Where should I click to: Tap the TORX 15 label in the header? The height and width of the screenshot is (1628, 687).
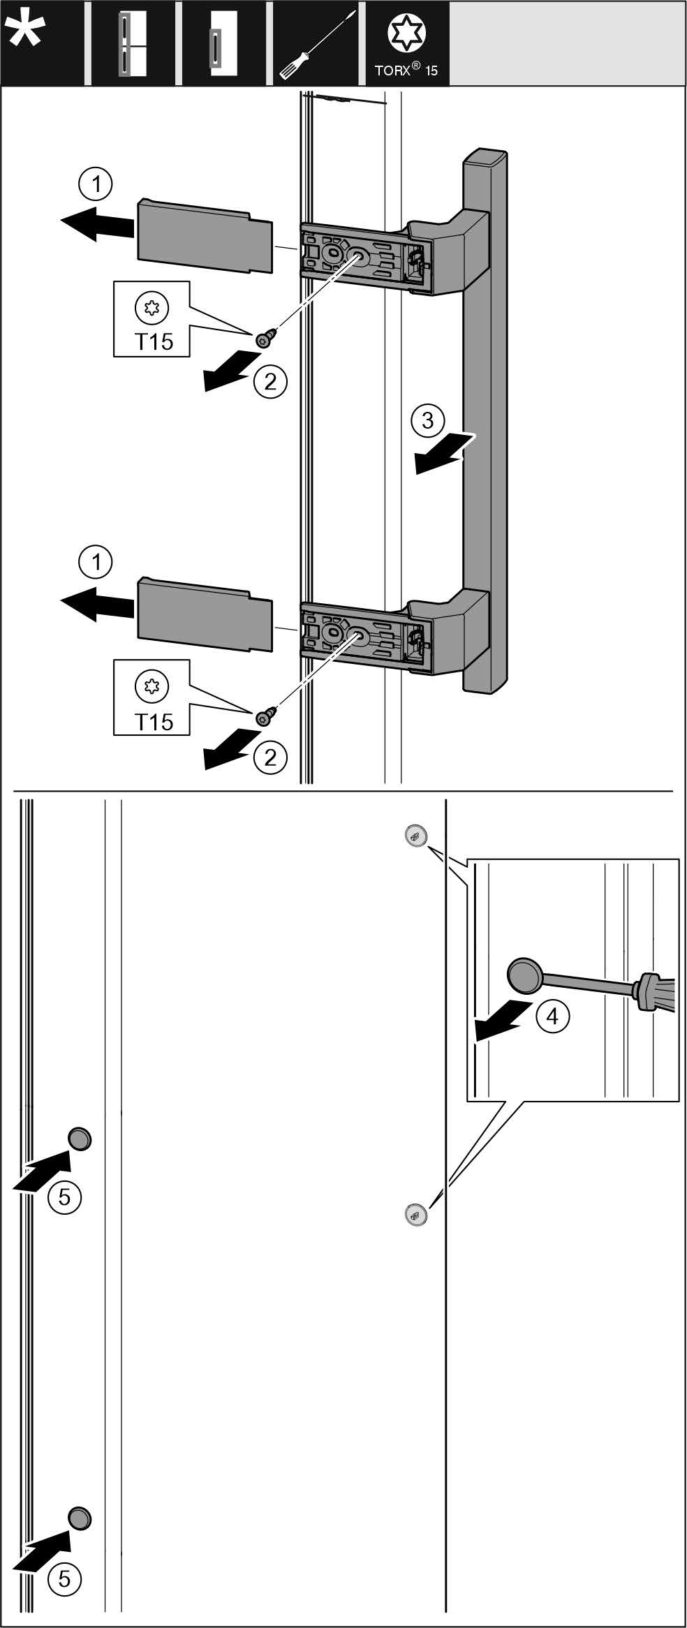[x=406, y=71]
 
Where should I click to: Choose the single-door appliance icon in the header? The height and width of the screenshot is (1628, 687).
[x=223, y=44]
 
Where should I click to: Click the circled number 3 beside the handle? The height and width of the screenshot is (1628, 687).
[x=427, y=421]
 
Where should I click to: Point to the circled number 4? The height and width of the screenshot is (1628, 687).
[x=552, y=1017]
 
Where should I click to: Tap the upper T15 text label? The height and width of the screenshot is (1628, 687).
[x=154, y=342]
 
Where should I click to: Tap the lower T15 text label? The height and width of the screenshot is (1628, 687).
[x=154, y=721]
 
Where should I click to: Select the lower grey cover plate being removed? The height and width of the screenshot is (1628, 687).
[x=205, y=614]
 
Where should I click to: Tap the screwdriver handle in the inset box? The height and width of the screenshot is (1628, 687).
[x=654, y=993]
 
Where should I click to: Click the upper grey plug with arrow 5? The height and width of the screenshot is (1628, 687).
[x=80, y=1139]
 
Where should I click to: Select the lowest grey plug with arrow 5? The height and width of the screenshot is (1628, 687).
[x=80, y=1518]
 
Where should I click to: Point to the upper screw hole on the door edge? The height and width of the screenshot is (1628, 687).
[x=415, y=836]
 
